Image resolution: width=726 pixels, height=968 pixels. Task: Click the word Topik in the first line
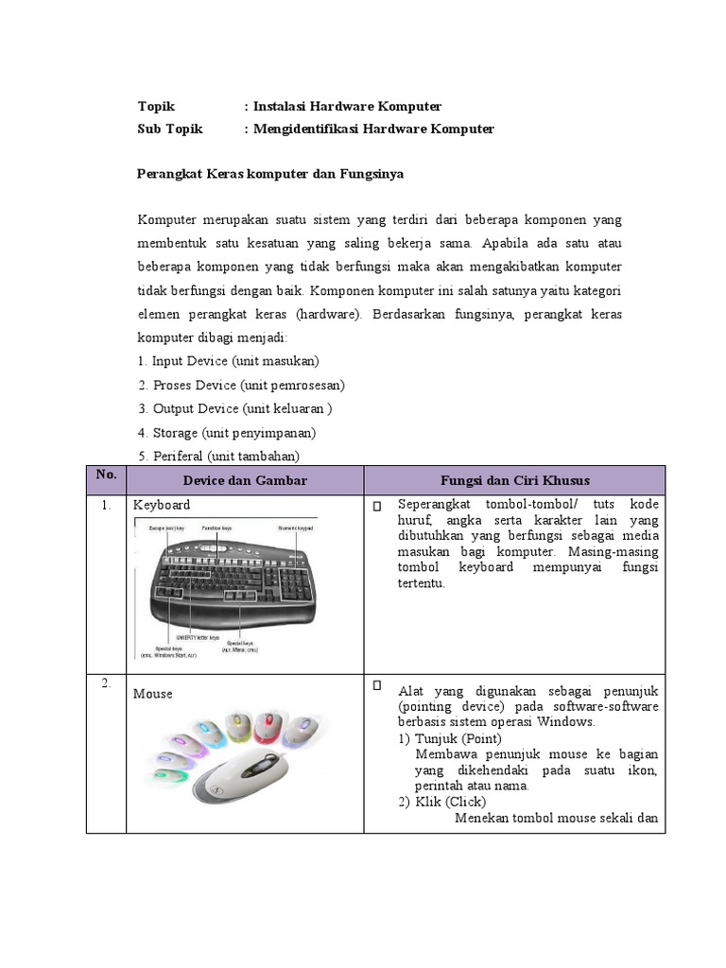tap(156, 107)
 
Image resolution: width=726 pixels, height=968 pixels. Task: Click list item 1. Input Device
tap(228, 361)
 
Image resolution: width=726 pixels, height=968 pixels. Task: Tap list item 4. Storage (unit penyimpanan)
tap(226, 432)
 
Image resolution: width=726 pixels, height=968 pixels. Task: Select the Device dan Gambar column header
tap(245, 480)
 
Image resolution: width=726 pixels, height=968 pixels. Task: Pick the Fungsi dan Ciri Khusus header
tap(514, 480)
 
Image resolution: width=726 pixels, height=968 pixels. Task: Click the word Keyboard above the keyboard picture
tap(162, 505)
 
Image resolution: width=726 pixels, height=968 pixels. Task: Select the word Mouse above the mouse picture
tap(153, 694)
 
